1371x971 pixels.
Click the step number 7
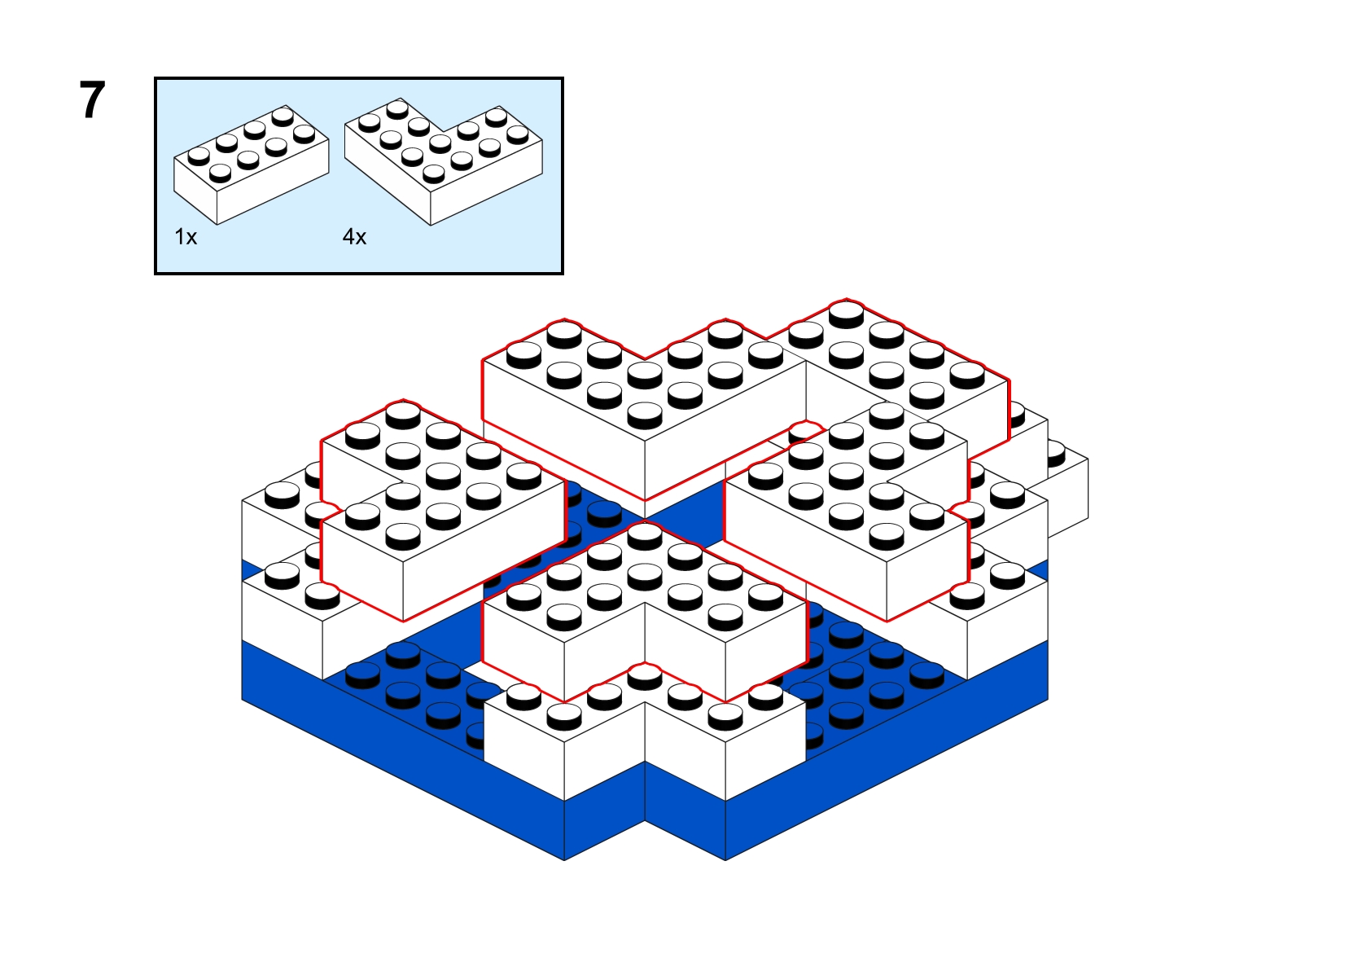point(93,100)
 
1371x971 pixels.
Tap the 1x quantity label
point(186,236)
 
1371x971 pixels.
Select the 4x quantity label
point(354,236)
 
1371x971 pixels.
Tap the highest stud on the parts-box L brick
point(398,109)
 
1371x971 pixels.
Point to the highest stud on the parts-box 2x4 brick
point(283,116)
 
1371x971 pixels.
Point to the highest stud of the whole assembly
point(847,314)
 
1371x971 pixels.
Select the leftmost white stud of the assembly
point(283,494)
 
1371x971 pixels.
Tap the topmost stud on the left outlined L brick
point(403,413)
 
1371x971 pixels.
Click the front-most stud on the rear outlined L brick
point(645,414)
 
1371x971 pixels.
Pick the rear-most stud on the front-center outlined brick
point(645,535)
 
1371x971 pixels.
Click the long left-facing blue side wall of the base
point(403,750)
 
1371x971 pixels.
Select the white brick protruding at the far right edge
point(1068,490)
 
